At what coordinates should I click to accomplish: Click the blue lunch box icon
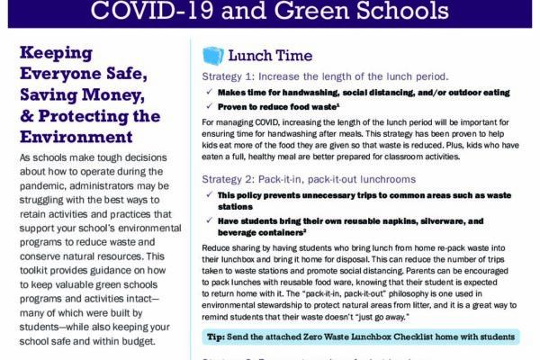coord(212,57)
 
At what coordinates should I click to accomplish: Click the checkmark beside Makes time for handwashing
coord(208,93)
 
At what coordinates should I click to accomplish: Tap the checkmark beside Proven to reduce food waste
coord(208,106)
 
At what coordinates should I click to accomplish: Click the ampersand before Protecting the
coord(29,116)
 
